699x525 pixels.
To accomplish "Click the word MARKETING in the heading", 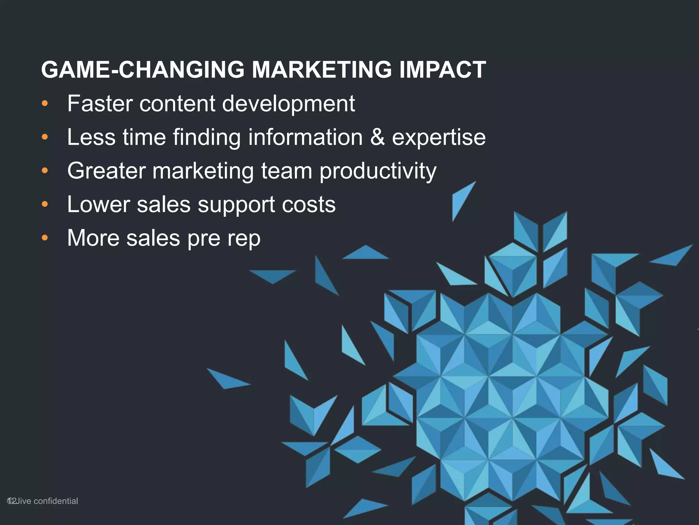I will (x=322, y=70).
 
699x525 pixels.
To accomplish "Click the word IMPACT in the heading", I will (x=442, y=70).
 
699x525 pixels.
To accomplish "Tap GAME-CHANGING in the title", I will (x=143, y=70).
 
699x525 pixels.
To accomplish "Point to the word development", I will (x=288, y=104).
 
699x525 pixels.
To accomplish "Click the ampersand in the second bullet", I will (x=377, y=137).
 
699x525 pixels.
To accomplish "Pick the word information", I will (x=305, y=137).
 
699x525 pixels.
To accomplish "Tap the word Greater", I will (x=106, y=171).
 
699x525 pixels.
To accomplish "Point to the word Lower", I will (x=98, y=204).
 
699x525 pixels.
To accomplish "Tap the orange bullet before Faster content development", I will (x=45, y=104).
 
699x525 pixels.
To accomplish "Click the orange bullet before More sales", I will (x=45, y=238).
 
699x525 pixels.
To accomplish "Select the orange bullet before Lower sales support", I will (x=45, y=204).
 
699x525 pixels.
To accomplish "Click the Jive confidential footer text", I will (x=47, y=501).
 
